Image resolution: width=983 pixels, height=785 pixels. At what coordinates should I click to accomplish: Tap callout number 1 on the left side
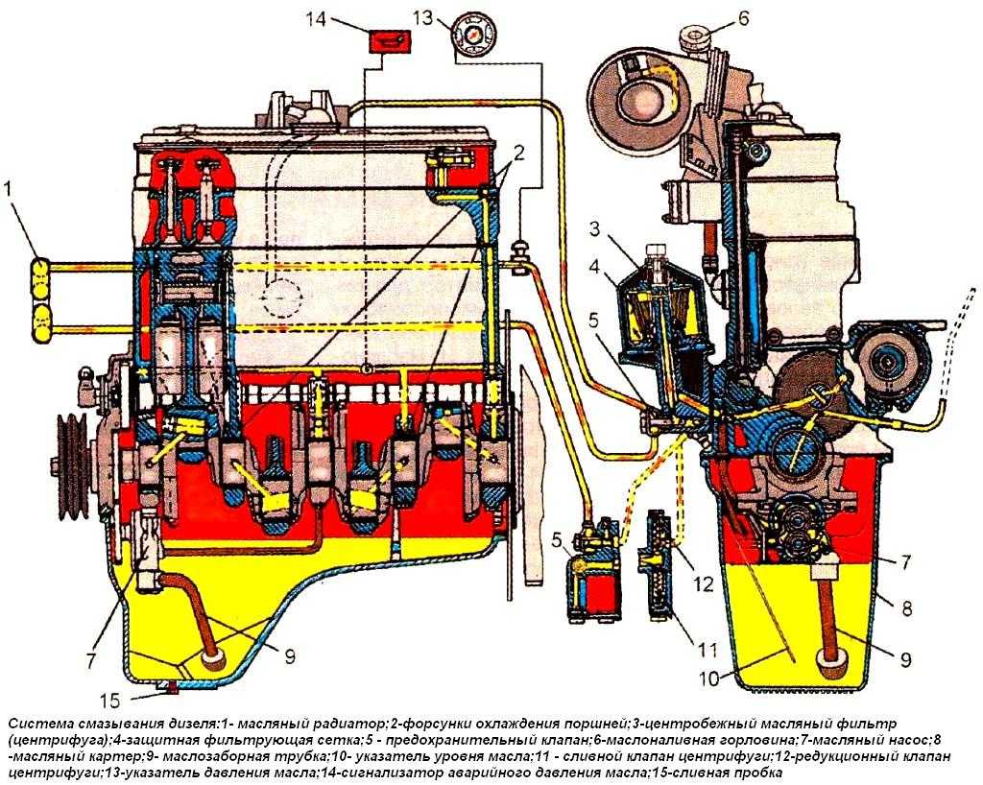coord(11,190)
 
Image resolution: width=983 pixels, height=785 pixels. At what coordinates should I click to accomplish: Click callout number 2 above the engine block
coord(517,151)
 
